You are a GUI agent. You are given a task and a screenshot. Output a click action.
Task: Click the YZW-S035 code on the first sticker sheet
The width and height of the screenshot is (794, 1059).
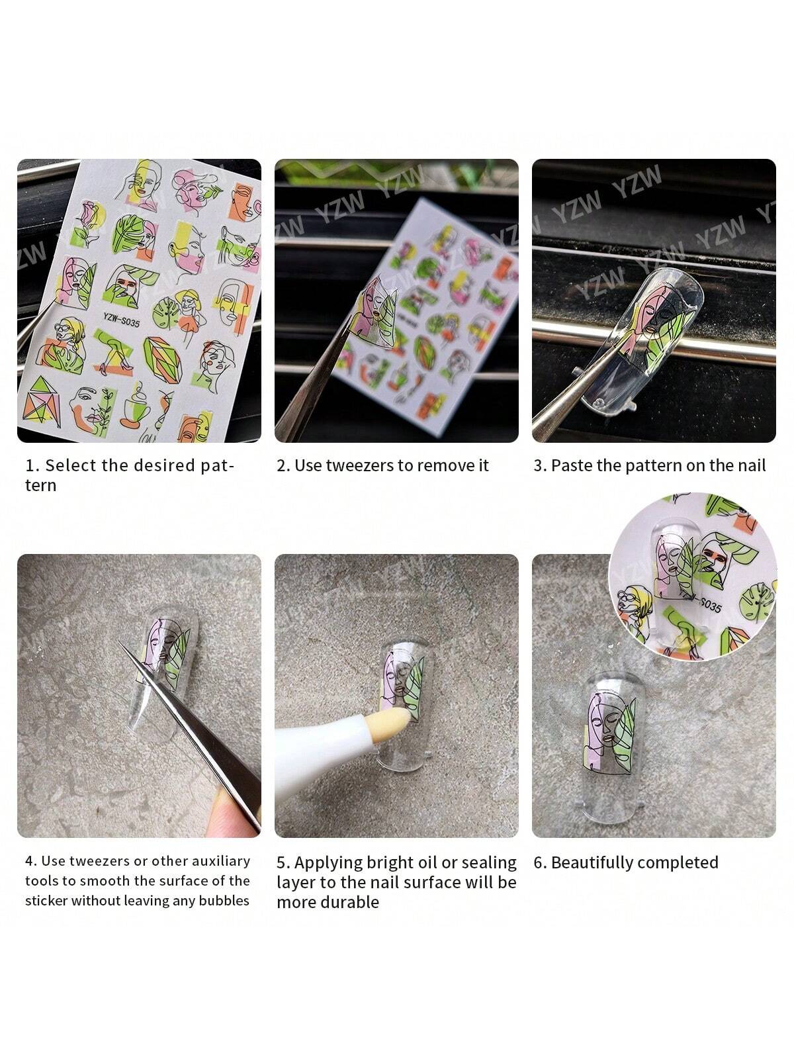point(121,319)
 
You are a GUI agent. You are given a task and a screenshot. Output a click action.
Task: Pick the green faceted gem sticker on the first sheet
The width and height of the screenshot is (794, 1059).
point(163,359)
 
